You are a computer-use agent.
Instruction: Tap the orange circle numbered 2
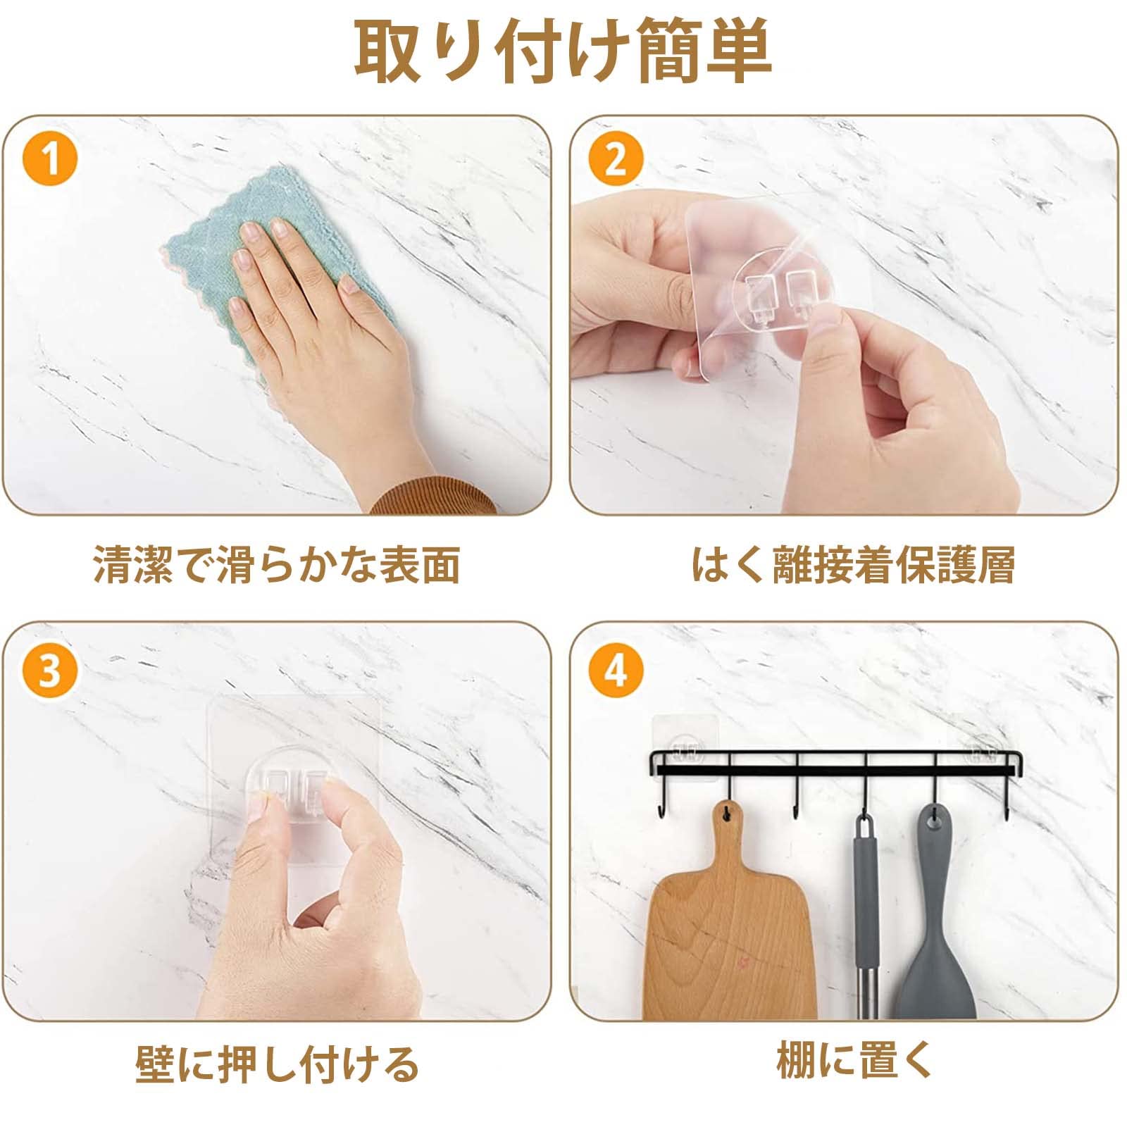point(615,159)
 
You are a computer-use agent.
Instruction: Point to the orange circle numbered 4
point(615,669)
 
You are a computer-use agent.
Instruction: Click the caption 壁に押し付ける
point(277,1064)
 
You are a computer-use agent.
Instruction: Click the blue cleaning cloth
point(282,268)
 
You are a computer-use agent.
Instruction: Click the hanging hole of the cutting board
point(726,814)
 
